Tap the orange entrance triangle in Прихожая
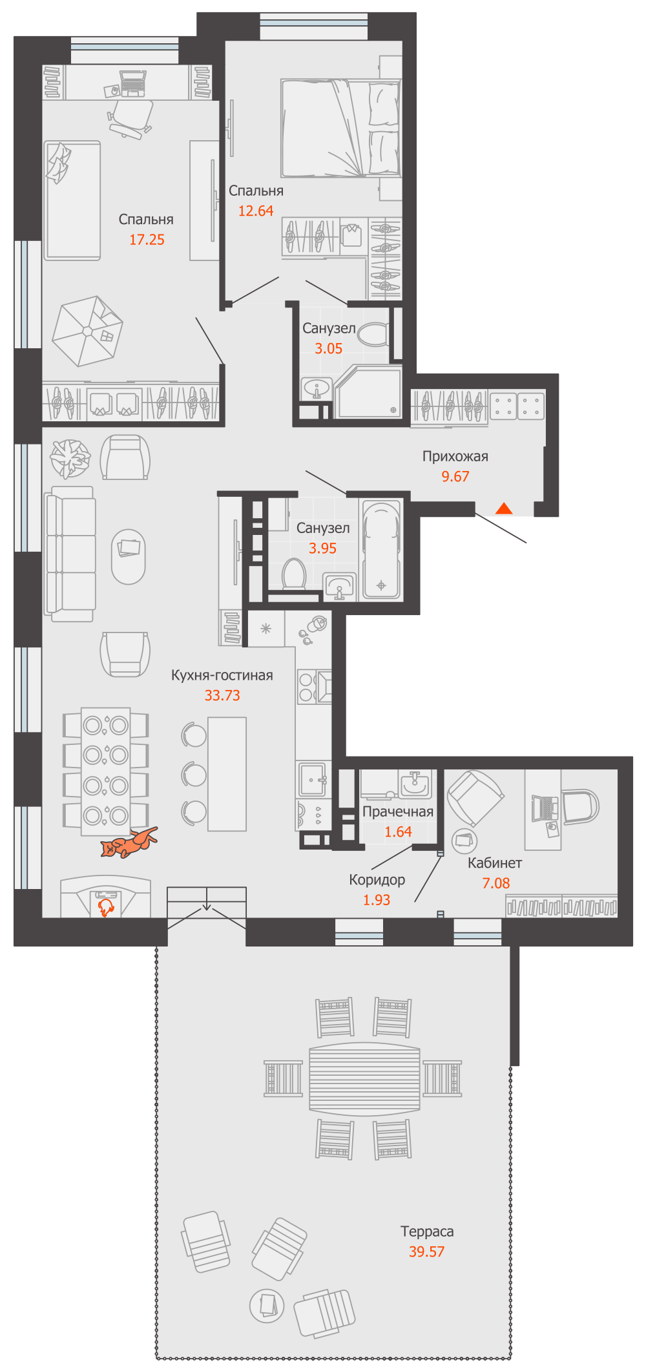(x=504, y=508)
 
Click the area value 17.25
(x=147, y=240)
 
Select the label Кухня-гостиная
(x=222, y=675)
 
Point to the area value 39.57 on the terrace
(x=426, y=1251)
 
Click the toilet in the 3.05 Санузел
(x=373, y=335)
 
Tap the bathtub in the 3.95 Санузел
(x=381, y=550)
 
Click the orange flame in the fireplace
(x=105, y=908)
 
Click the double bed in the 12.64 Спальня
(x=340, y=128)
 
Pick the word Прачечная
(x=397, y=811)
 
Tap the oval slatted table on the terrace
(x=365, y=1078)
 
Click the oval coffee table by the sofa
(x=129, y=556)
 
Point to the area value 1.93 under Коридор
(x=377, y=900)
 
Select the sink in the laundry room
(x=414, y=784)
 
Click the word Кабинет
(x=495, y=863)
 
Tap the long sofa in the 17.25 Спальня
(x=72, y=200)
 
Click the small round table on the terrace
(x=267, y=1304)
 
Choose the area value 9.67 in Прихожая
(x=455, y=477)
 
